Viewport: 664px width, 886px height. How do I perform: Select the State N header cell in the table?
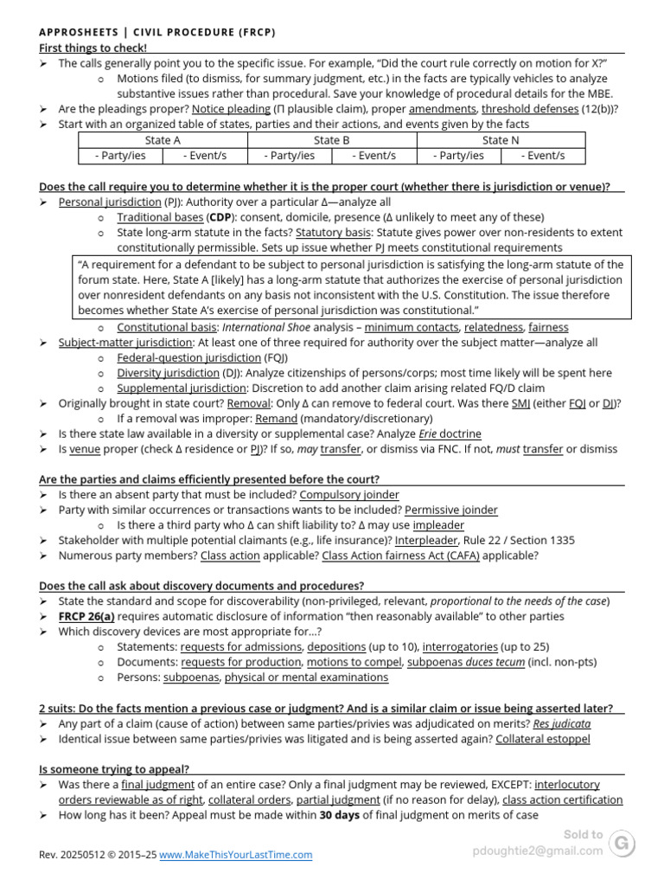(501, 140)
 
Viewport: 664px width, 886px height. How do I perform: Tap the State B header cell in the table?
(331, 140)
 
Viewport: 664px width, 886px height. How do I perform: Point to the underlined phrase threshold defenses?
(529, 109)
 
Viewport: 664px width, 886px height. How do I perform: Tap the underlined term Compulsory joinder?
(349, 495)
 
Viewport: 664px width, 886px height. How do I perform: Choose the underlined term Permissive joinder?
(451, 510)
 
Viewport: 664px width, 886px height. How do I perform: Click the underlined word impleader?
(438, 525)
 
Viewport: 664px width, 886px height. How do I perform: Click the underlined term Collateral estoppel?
(543, 739)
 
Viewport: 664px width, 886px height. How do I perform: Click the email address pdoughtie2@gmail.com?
(538, 851)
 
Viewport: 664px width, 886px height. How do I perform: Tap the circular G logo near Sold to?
(622, 843)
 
